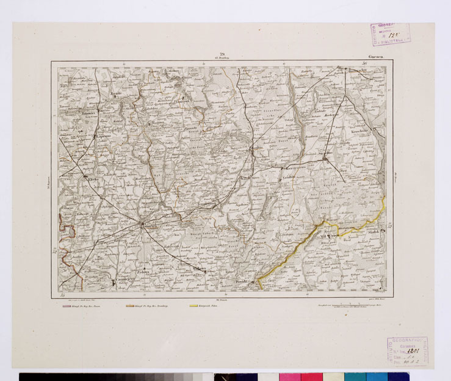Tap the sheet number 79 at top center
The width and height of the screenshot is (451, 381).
click(x=222, y=55)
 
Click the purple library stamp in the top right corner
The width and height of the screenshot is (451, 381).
click(x=390, y=35)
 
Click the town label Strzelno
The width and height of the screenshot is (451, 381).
click(x=325, y=154)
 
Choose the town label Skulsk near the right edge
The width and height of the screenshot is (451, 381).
click(x=375, y=233)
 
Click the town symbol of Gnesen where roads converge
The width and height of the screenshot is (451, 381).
click(x=143, y=225)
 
